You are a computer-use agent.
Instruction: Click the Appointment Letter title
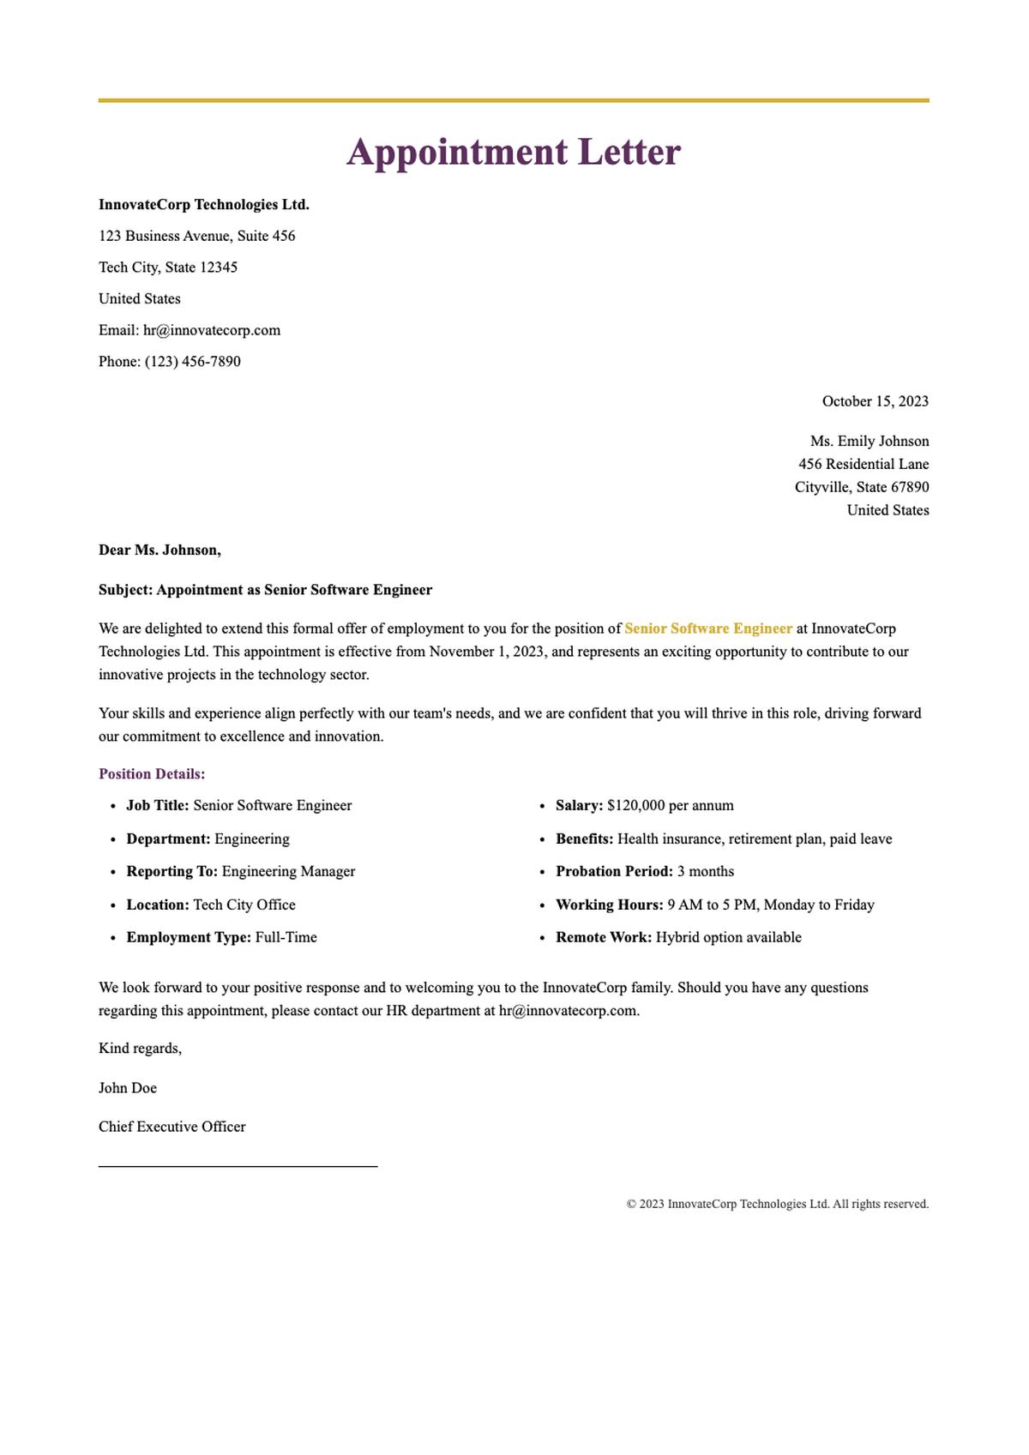514,153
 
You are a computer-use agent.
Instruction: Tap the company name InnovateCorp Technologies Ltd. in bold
204,205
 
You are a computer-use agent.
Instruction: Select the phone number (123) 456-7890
193,362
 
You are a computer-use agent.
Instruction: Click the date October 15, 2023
875,401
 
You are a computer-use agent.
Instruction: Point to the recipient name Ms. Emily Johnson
870,442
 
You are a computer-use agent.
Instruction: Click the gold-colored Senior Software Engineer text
708,628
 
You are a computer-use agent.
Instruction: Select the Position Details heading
152,774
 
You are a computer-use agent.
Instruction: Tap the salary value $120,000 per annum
671,806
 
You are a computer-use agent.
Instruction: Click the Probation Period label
614,872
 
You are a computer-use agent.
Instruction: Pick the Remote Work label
604,938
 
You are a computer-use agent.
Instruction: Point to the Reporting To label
172,872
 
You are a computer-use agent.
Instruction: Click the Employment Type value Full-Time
286,938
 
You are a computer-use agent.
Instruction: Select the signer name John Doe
128,1088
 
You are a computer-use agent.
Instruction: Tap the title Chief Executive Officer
172,1127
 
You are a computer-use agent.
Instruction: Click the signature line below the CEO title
238,1166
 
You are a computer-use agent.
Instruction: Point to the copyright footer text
778,1204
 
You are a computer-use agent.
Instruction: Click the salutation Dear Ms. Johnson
159,550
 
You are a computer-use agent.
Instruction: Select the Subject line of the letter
265,590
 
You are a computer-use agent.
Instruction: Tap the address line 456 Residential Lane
864,465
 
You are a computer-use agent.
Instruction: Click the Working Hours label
610,905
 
